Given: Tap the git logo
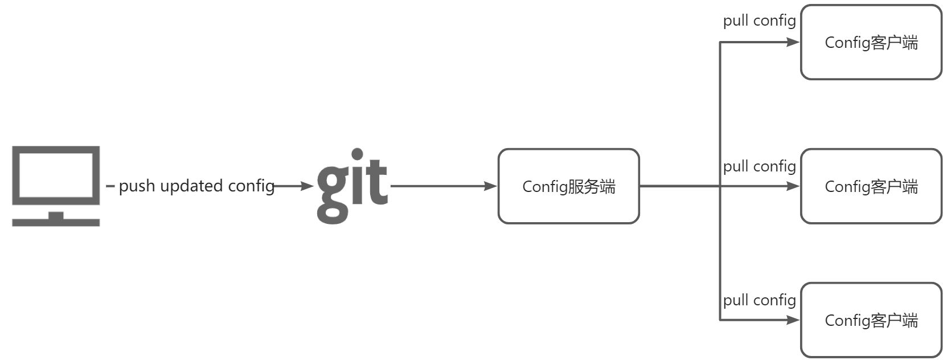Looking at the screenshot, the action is coord(352,186).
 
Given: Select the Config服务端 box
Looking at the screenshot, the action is coord(568,186).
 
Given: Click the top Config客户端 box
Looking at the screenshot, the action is coord(871,43).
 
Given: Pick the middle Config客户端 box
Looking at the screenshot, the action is coord(871,186).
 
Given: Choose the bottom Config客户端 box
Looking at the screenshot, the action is coord(871,320).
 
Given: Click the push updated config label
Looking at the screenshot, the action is coord(196,186).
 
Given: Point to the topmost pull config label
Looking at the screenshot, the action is coord(759,21).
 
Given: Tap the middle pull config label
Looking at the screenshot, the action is coord(759,166).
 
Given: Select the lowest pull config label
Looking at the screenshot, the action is coord(759,300).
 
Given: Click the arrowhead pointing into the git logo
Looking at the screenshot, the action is coord(308,186).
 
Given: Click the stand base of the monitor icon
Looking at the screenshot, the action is coord(56,222).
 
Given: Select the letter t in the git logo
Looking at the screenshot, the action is coord(377,182).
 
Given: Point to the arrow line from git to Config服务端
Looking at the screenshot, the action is coord(438,186).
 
